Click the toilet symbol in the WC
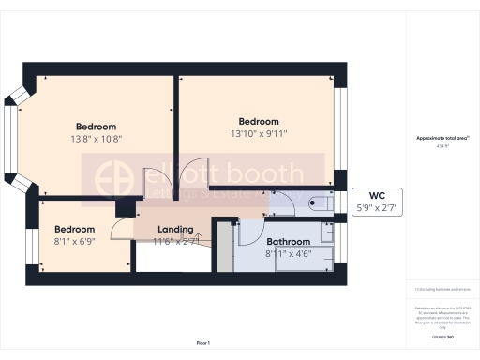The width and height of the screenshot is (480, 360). (x=317, y=199)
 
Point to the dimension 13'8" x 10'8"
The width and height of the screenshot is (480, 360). (x=97, y=139)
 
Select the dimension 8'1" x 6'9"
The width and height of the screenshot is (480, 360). (x=74, y=241)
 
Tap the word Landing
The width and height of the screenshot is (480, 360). (x=175, y=229)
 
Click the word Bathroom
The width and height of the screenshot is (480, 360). (x=288, y=241)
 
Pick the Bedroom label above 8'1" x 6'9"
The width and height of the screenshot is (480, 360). (x=74, y=229)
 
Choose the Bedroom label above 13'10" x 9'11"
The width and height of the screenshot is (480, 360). (x=259, y=121)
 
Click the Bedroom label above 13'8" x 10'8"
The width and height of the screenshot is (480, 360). (x=97, y=127)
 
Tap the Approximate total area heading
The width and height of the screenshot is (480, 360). (x=442, y=139)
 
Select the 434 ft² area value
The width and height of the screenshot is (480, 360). (x=442, y=146)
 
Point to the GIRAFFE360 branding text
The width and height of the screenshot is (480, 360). (x=442, y=336)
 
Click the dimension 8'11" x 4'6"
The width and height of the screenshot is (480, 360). (x=288, y=253)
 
